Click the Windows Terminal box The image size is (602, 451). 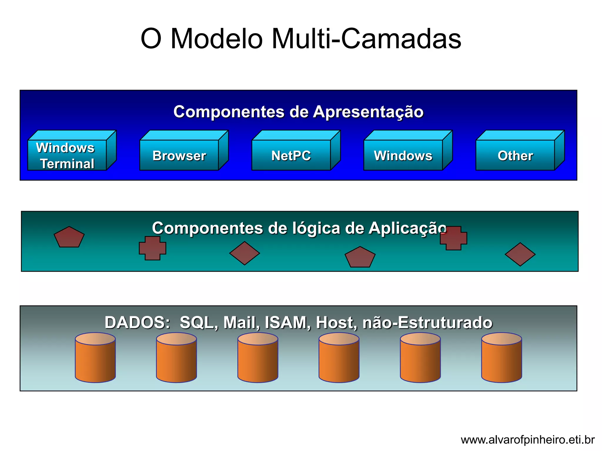(67, 155)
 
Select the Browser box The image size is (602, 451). (179, 155)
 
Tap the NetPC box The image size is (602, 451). (291, 155)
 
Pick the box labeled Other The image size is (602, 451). (515, 155)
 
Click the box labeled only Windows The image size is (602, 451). (403, 155)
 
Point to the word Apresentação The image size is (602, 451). (368, 112)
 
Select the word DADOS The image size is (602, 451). (137, 322)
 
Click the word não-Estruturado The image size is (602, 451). (427, 322)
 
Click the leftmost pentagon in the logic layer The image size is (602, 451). (69, 238)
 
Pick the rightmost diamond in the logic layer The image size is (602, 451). (520, 254)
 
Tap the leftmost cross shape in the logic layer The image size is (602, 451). (153, 248)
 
